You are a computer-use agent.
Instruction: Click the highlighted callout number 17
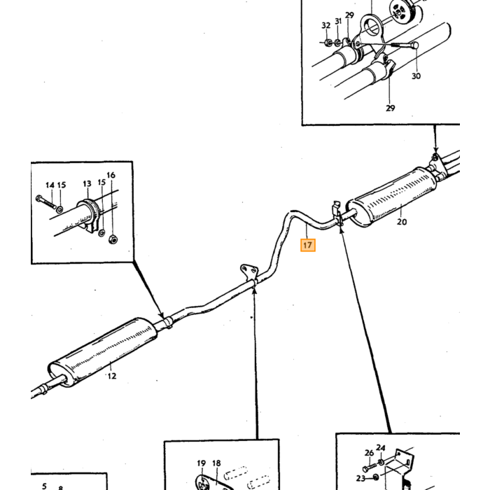[x=308, y=245]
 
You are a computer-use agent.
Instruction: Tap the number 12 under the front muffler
[x=112, y=376]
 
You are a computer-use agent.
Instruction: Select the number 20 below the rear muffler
[x=402, y=222]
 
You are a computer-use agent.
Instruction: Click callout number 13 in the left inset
[x=87, y=183]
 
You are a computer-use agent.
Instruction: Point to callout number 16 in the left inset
[x=111, y=175]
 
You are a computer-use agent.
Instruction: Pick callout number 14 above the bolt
[x=50, y=185]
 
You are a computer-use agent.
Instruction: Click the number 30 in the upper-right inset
[x=416, y=76]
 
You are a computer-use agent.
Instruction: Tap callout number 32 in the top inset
[x=326, y=25]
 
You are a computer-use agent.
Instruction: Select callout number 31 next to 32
[x=338, y=21]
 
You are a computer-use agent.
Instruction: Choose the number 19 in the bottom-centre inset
[x=202, y=463]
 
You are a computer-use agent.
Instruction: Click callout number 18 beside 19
[x=216, y=463]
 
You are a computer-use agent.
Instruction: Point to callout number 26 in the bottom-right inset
[x=369, y=452]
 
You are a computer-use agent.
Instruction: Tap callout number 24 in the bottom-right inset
[x=380, y=448]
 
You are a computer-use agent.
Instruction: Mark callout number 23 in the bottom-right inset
[x=360, y=478]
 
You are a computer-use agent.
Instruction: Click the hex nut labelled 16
[x=113, y=239]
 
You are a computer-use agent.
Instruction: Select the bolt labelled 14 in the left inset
[x=46, y=202]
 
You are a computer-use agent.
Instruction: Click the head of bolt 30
[x=414, y=45]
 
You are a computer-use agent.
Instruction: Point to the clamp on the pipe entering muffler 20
[x=337, y=214]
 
